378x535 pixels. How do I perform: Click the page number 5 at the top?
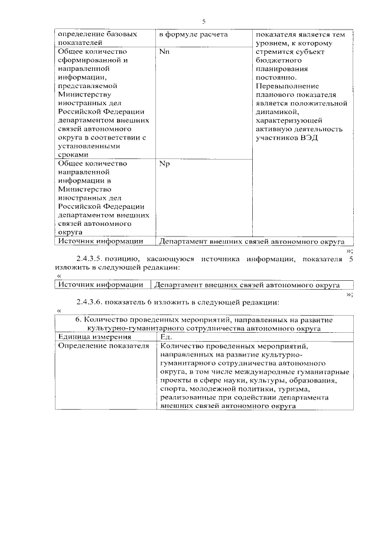(203, 21)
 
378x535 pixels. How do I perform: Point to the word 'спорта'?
(172, 390)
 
